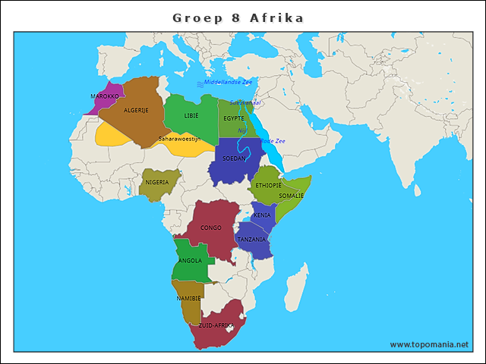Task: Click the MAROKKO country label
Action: pyautogui.click(x=104, y=96)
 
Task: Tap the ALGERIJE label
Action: pyautogui.click(x=137, y=110)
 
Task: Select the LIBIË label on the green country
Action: pyautogui.click(x=191, y=115)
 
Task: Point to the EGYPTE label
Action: pyautogui.click(x=234, y=118)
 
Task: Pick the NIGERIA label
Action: pyautogui.click(x=157, y=183)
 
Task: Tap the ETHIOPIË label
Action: pyautogui.click(x=269, y=185)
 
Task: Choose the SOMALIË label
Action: pyautogui.click(x=291, y=196)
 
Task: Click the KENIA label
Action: pyautogui.click(x=262, y=215)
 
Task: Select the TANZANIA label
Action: pyautogui.click(x=251, y=240)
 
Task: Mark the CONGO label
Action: pyautogui.click(x=211, y=227)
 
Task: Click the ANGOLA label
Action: pyautogui.click(x=190, y=261)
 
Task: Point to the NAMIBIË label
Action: pyautogui.click(x=188, y=298)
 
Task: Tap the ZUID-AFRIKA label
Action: pyautogui.click(x=216, y=325)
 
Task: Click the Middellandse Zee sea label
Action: pyautogui.click(x=228, y=82)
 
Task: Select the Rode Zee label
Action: pyautogui.click(x=273, y=141)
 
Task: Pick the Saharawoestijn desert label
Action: pyautogui.click(x=179, y=139)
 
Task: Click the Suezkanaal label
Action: pyautogui.click(x=245, y=102)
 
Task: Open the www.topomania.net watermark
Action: pyautogui.click(x=429, y=344)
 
